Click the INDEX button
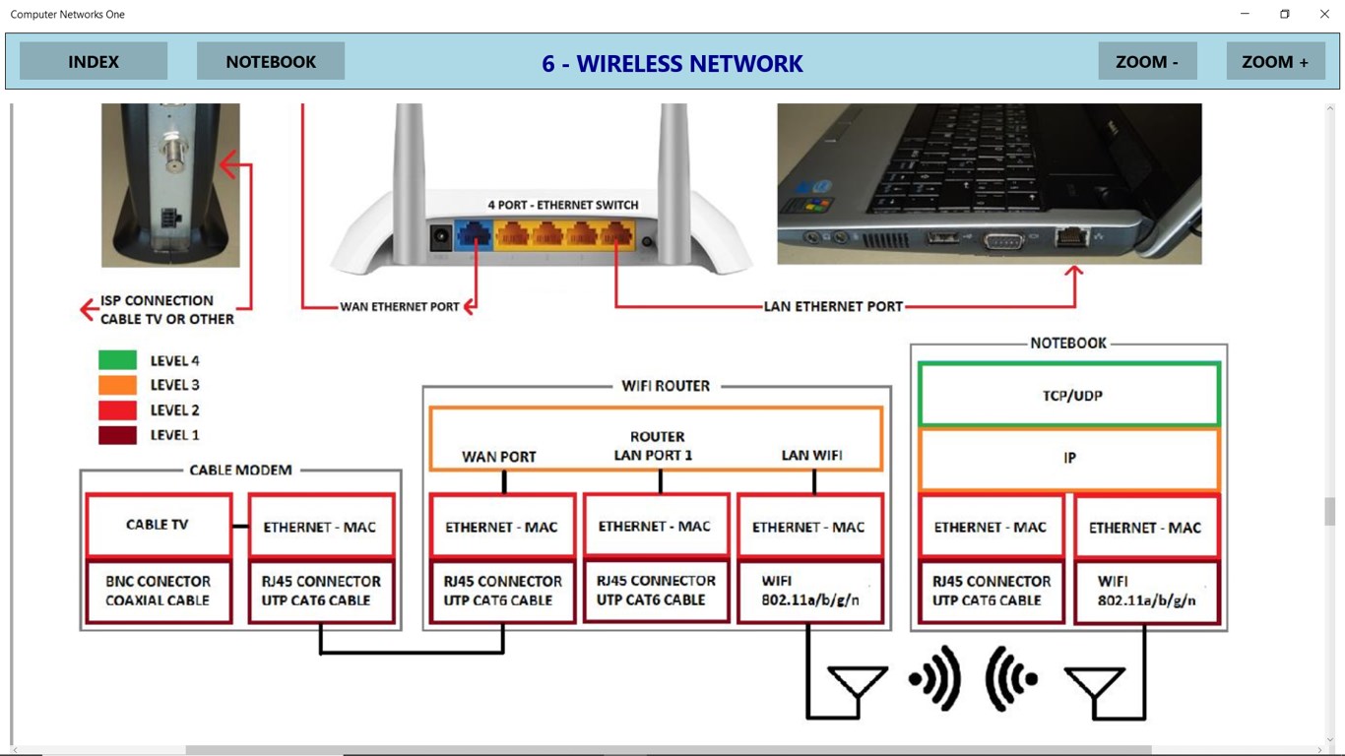point(94,61)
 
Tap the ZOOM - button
point(1147,61)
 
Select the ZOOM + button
point(1275,61)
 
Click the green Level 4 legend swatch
point(117,360)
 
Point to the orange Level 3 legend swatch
point(117,385)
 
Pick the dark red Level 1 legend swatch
point(117,434)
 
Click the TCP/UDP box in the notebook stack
point(1070,395)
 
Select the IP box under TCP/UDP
point(1070,458)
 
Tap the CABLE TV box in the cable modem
point(158,525)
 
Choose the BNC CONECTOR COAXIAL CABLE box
point(158,591)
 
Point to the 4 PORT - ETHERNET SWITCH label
point(563,205)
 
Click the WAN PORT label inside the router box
point(499,457)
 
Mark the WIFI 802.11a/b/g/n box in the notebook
point(1146,591)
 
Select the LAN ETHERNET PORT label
point(833,306)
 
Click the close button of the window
point(1324,14)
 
